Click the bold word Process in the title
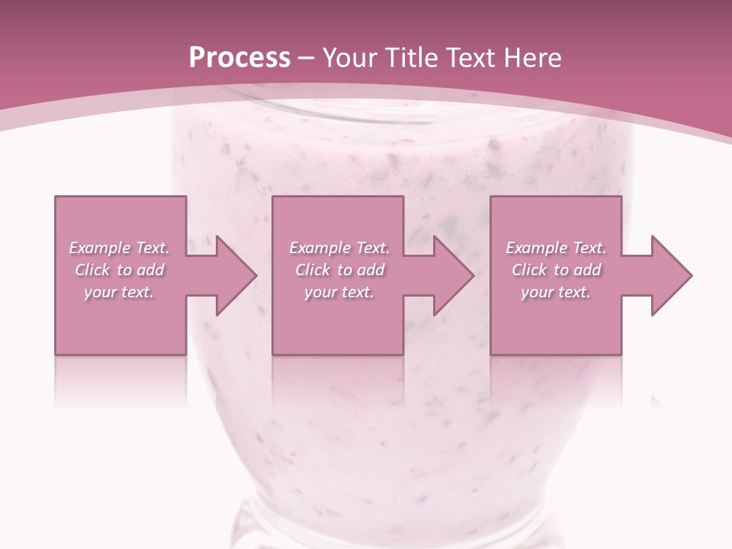click(x=239, y=58)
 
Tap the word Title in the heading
click(x=409, y=58)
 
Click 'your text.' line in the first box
click(x=119, y=292)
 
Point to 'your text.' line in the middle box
click(x=339, y=292)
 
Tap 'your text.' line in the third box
click(x=556, y=292)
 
